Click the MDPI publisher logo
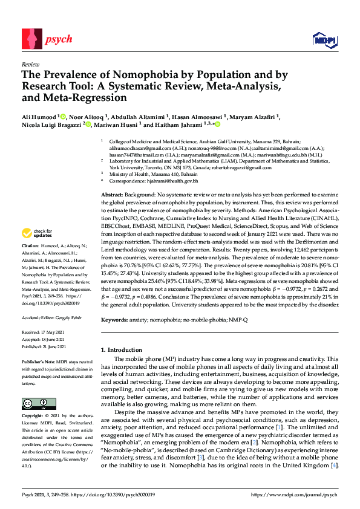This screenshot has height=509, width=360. point(324,41)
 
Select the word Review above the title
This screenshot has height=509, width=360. point(30,63)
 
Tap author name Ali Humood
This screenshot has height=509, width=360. point(39,115)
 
